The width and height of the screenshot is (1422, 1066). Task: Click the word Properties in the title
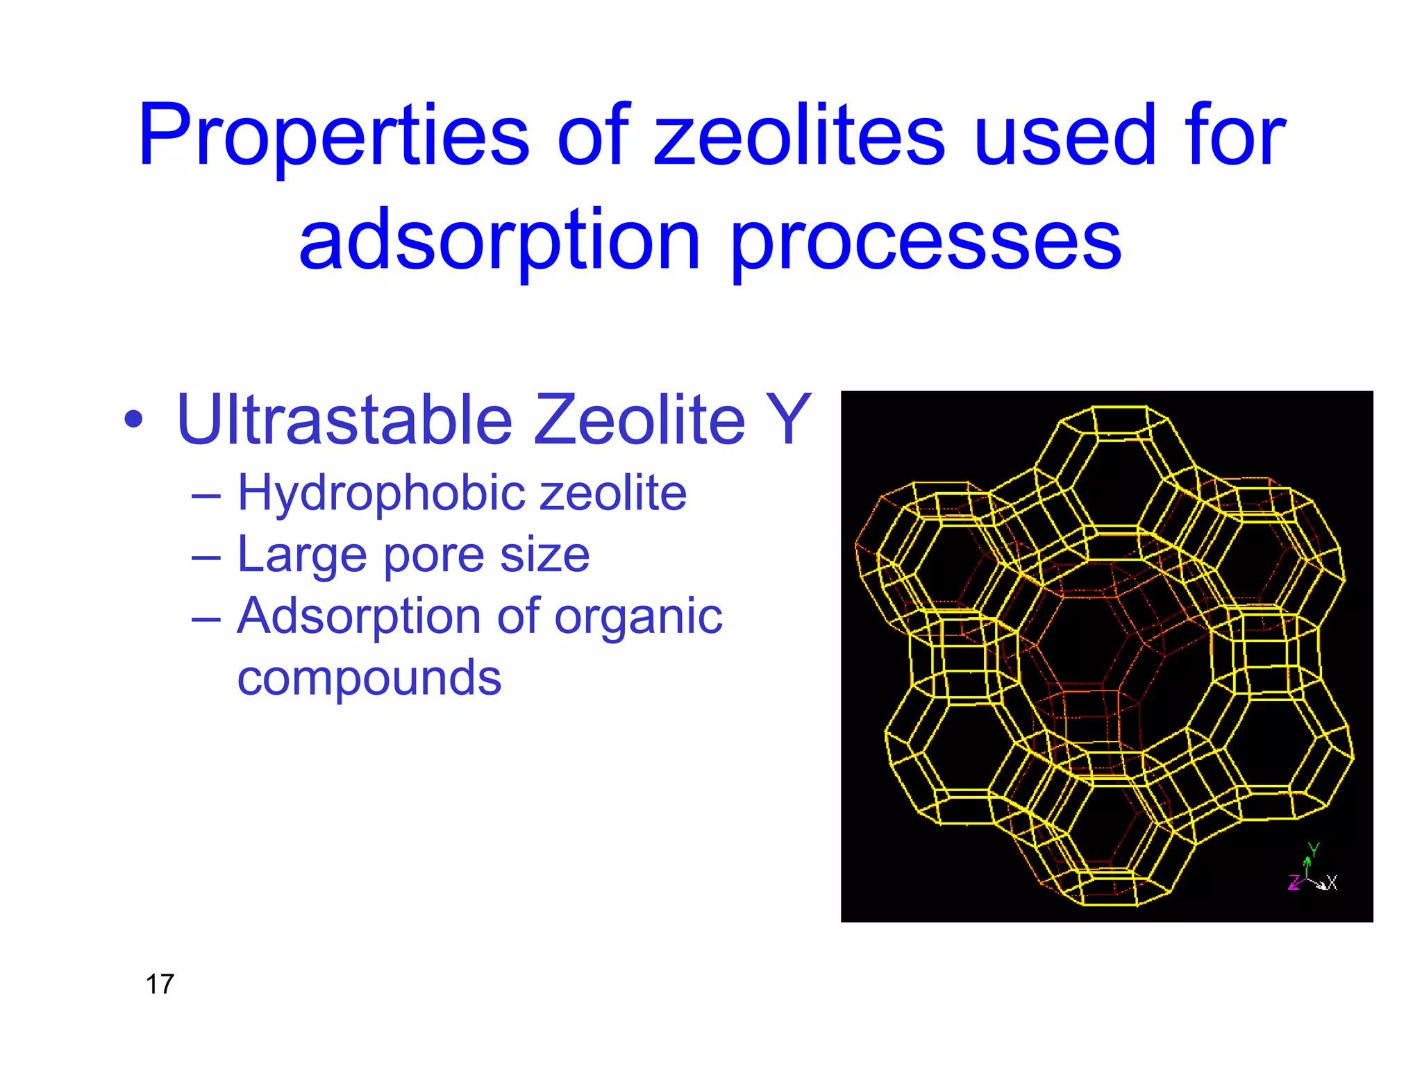pos(333,135)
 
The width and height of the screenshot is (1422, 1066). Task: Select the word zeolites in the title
pos(798,135)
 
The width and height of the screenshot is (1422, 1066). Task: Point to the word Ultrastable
pos(344,419)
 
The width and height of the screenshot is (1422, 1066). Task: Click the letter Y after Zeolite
pos(787,419)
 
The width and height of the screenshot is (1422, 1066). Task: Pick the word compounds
pos(369,678)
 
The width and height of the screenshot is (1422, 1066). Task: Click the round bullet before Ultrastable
pos(133,419)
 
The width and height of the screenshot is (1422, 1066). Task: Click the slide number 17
pos(160,984)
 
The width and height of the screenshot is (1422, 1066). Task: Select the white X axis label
pos(1332,883)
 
